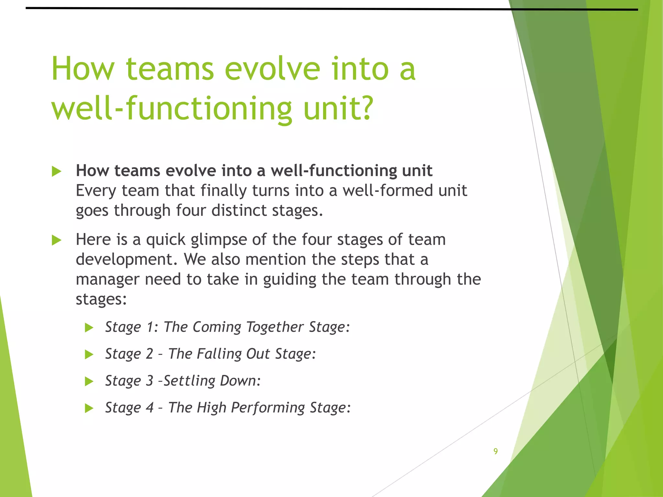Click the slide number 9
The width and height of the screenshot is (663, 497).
[495, 451]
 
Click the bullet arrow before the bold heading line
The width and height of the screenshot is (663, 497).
[56, 171]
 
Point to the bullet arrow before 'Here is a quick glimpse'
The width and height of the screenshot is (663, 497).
[56, 240]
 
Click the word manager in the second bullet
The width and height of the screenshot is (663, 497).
[107, 279]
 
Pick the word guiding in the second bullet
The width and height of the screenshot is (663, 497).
[289, 280]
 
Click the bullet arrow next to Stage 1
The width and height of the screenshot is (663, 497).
[89, 328]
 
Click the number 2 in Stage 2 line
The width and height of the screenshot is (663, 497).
[149, 354]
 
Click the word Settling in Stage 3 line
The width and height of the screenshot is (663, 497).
[189, 381]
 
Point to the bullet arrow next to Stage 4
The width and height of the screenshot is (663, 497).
[89, 408]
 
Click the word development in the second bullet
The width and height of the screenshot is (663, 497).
[126, 260]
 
